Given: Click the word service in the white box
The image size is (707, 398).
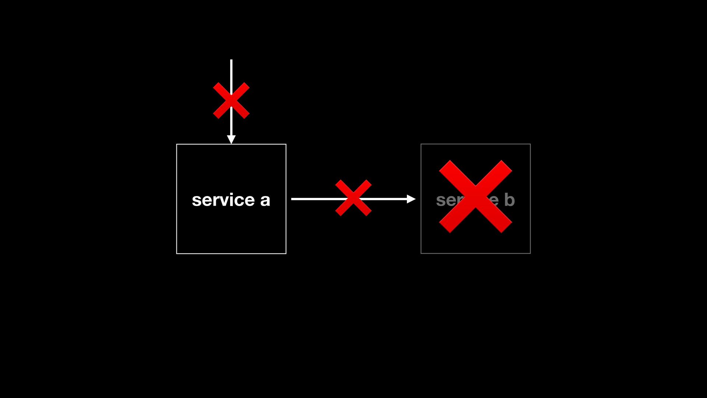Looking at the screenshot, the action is pos(223,200).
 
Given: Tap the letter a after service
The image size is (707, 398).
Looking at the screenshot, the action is pos(265,200).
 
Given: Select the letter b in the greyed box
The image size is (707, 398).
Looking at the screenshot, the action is pos(509,199).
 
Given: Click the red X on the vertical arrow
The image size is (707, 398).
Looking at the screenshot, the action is pos(231,100).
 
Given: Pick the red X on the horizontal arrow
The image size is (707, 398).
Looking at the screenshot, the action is pos(353,198).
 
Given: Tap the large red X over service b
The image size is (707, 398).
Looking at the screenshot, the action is pos(475,196).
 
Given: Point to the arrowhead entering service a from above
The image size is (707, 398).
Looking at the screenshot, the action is pos(231,139).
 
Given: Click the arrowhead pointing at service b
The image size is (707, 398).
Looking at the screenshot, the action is pos(411,199).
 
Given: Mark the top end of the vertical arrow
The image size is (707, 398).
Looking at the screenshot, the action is pos(231,60).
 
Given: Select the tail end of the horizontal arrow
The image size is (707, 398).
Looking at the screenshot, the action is pos(292,199).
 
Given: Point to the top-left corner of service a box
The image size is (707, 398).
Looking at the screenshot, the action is pos(177,144).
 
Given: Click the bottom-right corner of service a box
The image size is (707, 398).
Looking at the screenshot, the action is pos(286,253).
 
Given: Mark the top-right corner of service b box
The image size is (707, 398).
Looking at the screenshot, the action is pos(530,144).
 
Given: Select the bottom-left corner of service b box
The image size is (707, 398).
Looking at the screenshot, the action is pos(421,253).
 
